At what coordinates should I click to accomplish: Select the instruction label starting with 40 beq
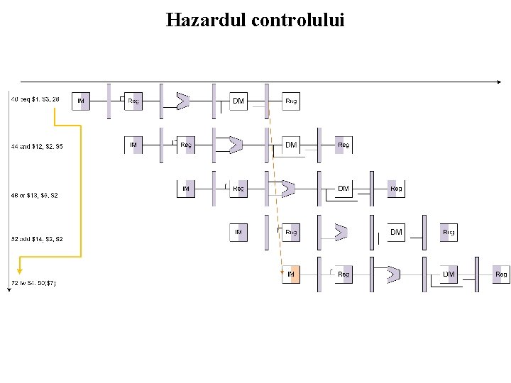point(35,99)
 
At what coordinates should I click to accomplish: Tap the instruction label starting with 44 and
point(37,146)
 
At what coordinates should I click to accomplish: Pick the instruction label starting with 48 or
point(35,195)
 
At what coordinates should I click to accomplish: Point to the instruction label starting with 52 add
point(37,239)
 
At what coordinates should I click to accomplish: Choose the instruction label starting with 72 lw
point(33,284)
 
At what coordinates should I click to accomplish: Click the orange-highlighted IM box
point(291,274)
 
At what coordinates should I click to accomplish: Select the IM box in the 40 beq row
point(81,101)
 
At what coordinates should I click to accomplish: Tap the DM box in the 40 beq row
point(238,101)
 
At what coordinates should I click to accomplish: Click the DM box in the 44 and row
point(291,145)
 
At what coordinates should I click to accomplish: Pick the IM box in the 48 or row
point(186,189)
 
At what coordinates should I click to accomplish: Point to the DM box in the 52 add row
point(396,232)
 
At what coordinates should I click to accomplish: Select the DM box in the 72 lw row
point(449,274)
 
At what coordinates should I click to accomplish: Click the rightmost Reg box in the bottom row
point(501,274)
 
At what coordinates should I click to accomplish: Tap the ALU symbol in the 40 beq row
point(182,101)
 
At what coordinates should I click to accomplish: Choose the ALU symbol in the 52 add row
point(341,232)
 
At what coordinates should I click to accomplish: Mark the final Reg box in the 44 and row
point(344,145)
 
